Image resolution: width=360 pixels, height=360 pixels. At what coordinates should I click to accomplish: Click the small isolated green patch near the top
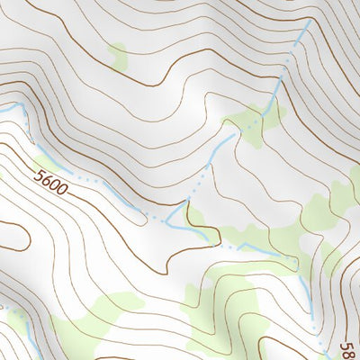(x=117, y=56)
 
